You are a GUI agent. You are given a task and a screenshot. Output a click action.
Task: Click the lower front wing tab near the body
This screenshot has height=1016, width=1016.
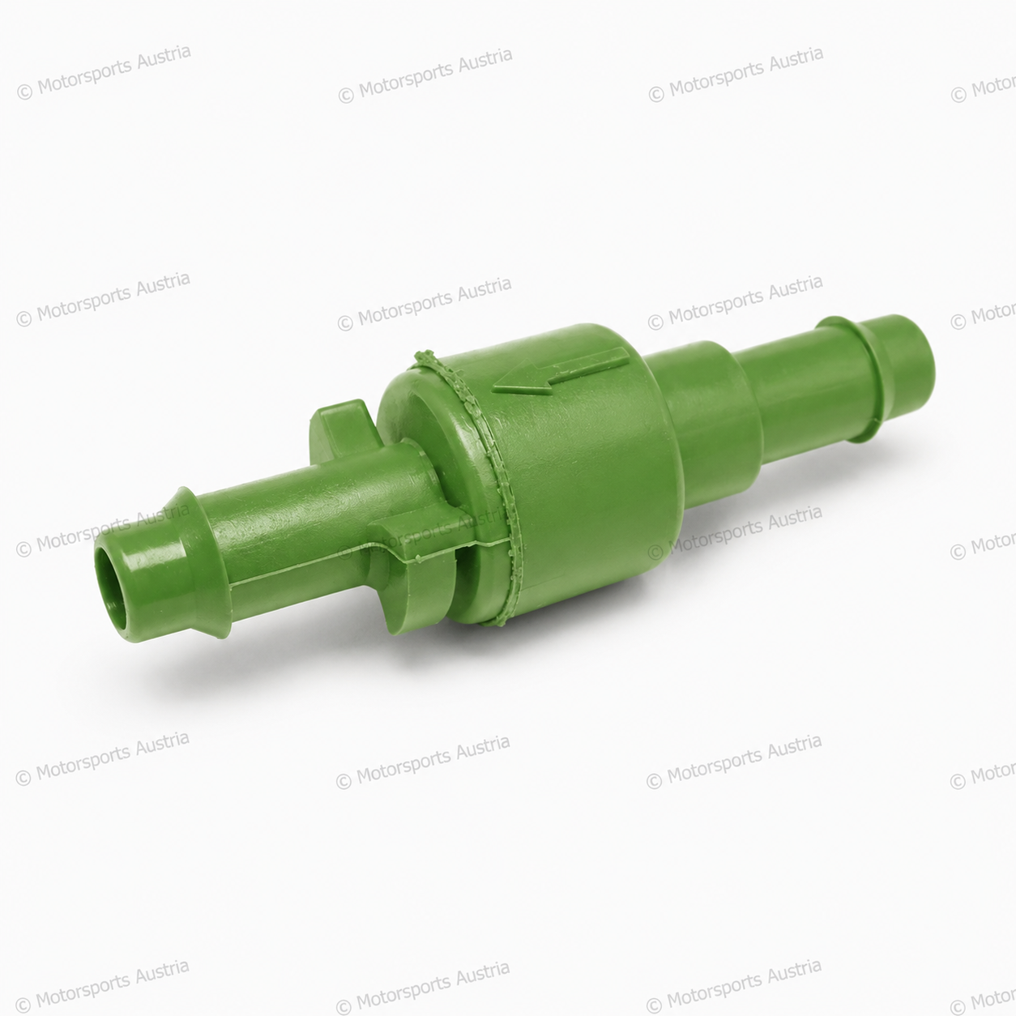[416, 574]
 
